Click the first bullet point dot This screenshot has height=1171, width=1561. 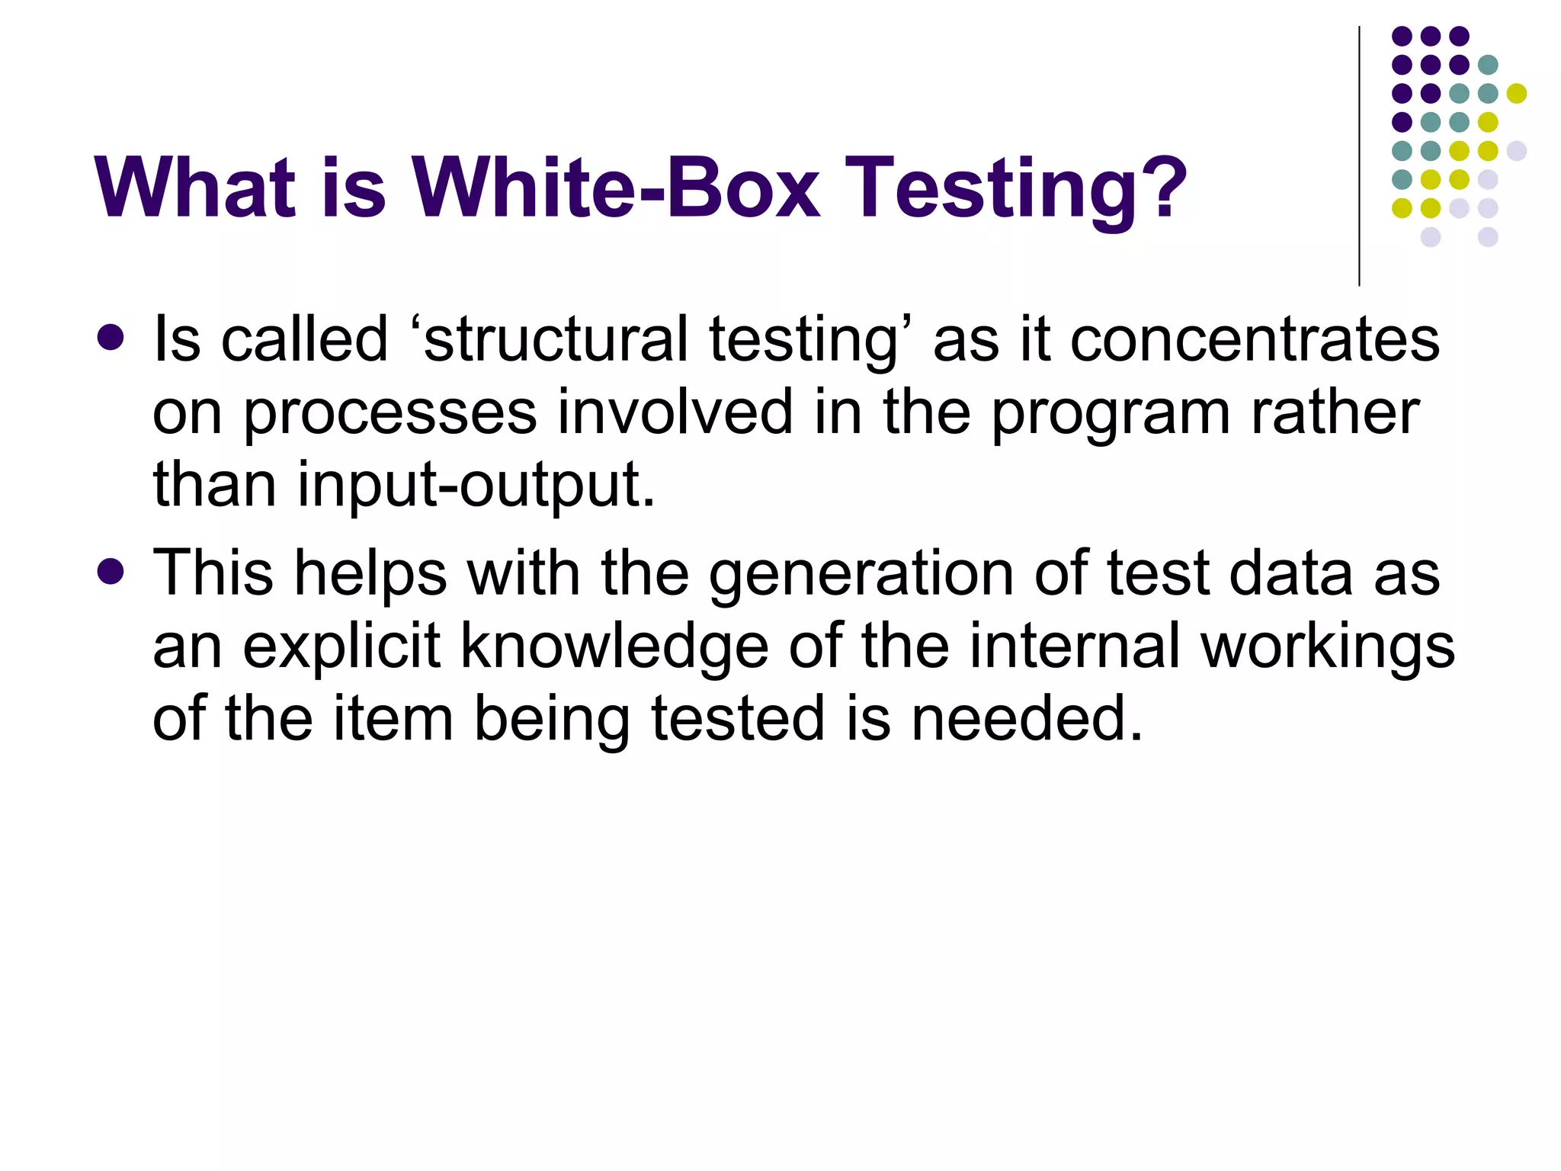111,338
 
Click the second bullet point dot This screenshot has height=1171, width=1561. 111,572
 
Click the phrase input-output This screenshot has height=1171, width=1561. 476,486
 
